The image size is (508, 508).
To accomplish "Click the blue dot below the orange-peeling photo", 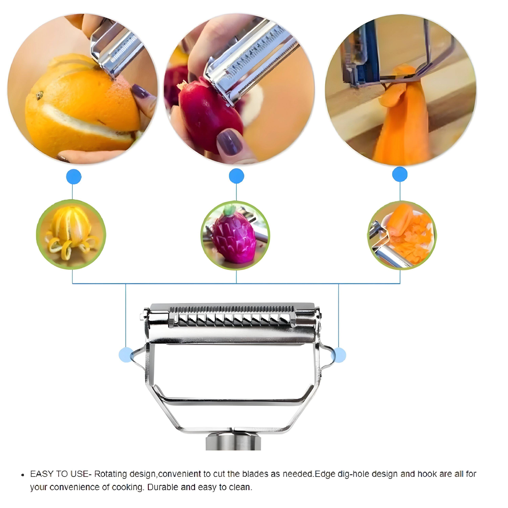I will [74, 177].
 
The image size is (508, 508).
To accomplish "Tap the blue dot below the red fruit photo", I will [236, 176].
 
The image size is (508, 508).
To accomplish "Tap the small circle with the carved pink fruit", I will [235, 235].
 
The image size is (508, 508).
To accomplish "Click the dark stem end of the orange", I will [40, 95].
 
